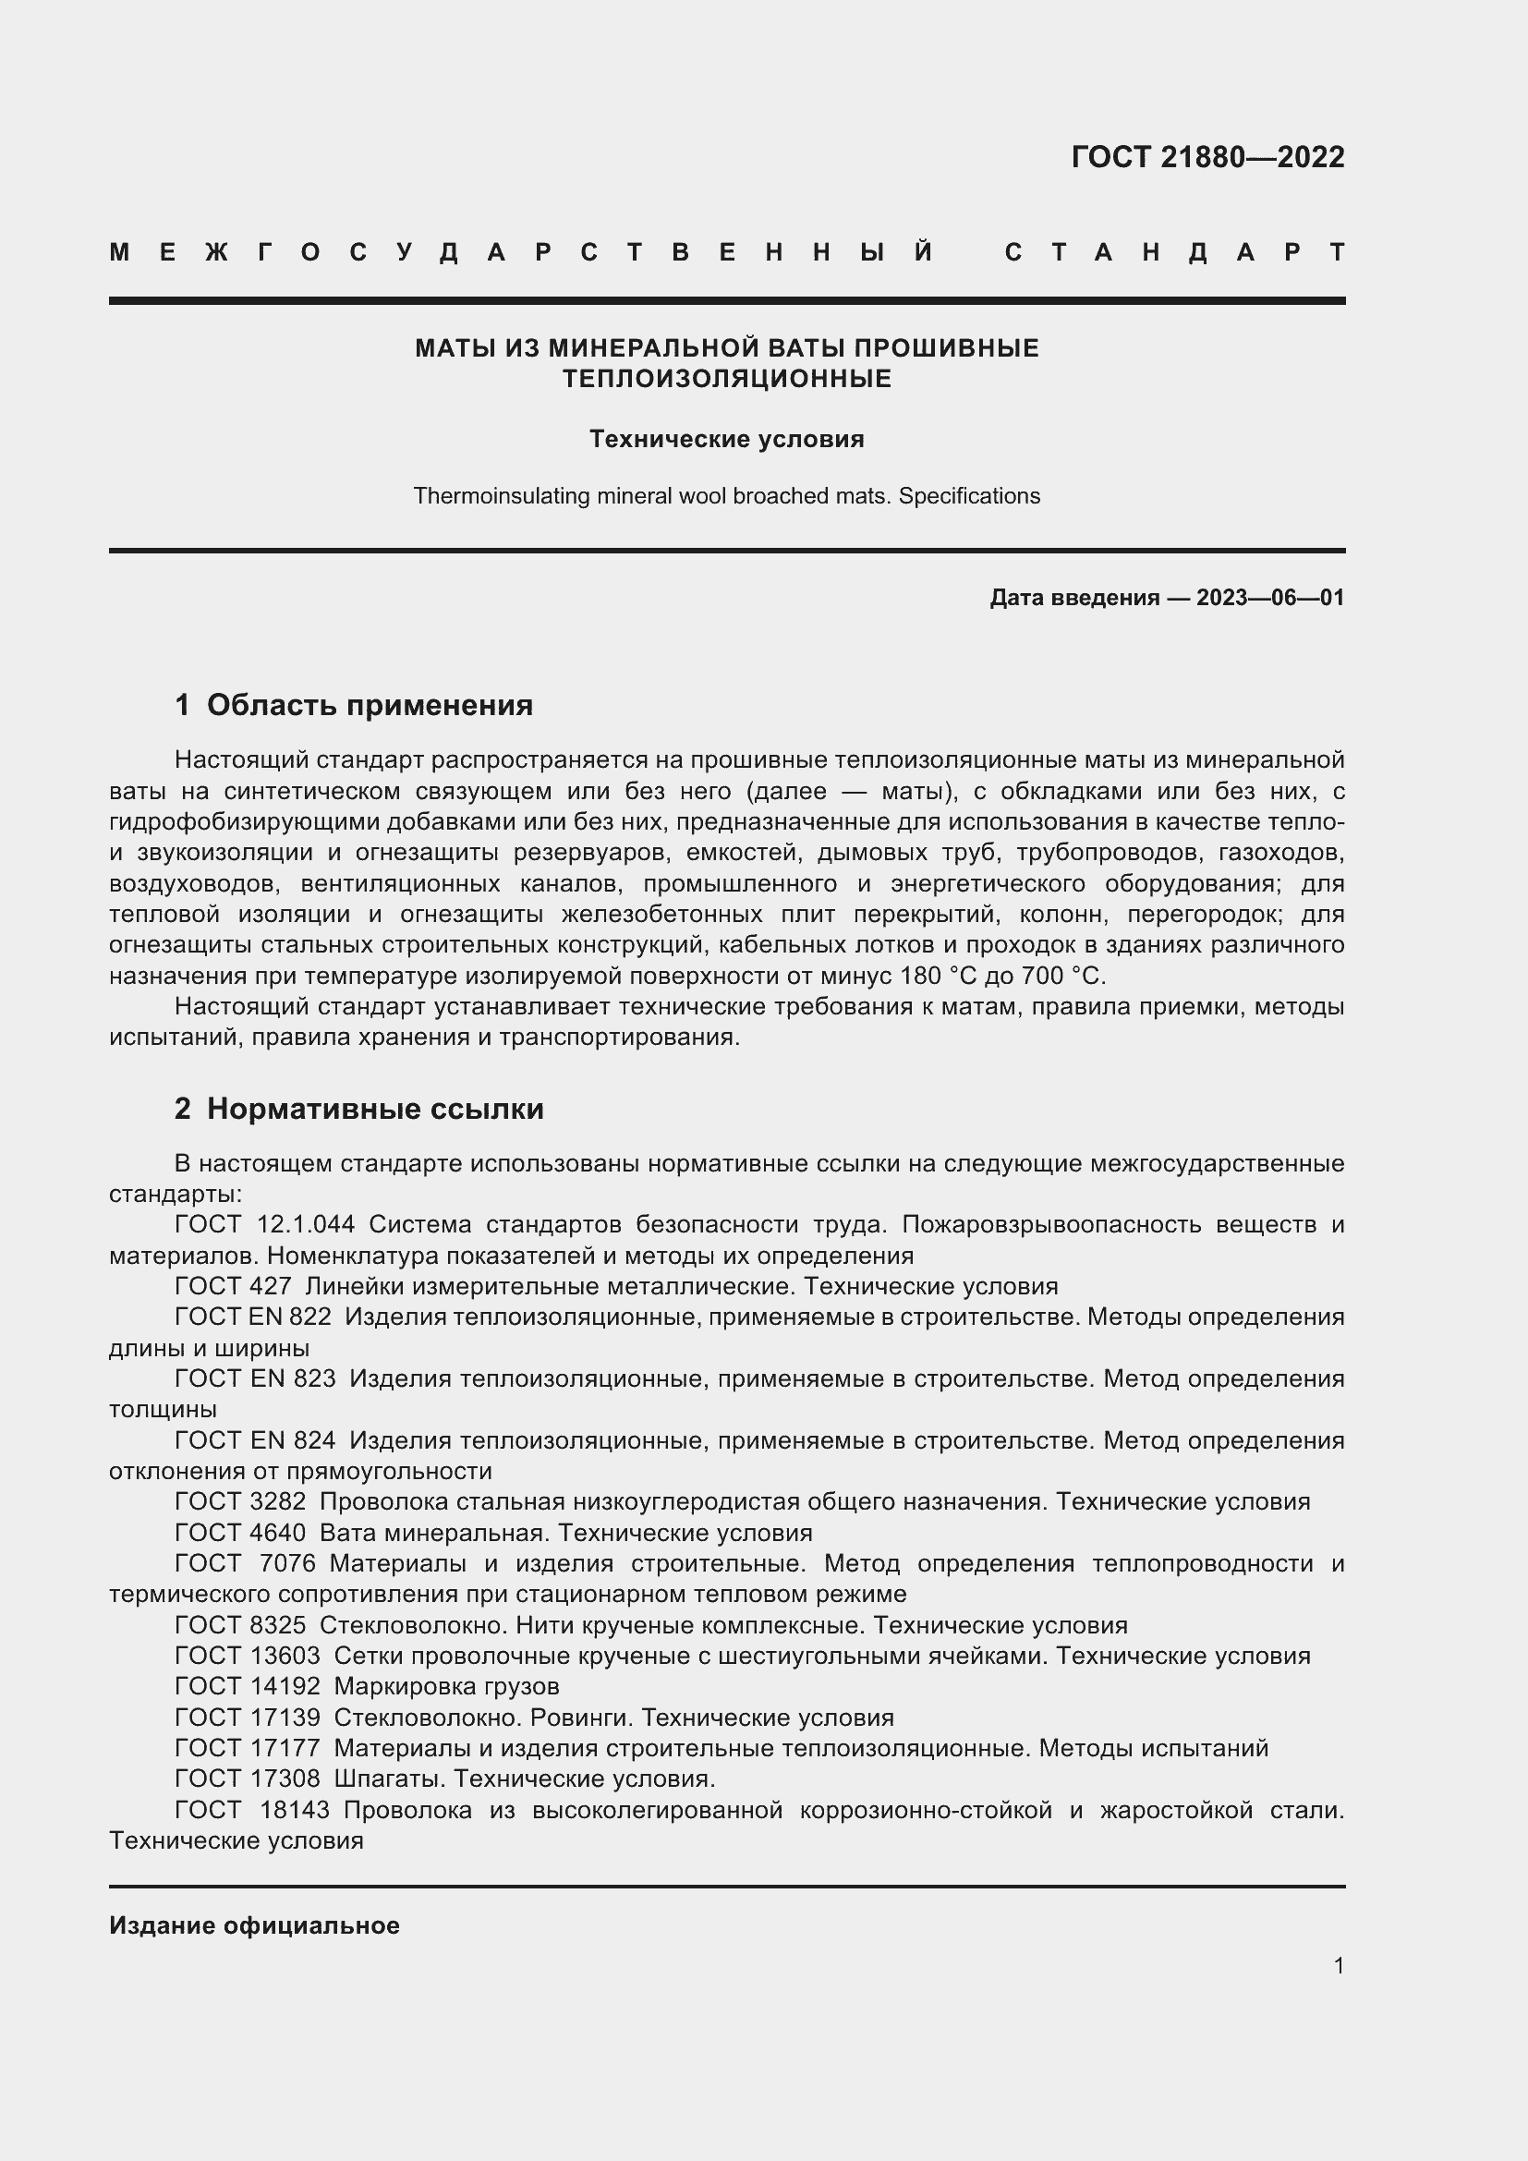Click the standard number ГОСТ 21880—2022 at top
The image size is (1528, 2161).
point(1207,157)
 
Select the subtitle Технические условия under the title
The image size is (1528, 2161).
point(726,440)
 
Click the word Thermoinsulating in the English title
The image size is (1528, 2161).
point(503,496)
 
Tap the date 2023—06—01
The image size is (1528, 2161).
point(1269,598)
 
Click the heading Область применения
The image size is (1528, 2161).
point(369,705)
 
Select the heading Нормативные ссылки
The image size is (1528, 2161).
point(374,1109)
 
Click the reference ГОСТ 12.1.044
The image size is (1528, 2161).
point(264,1224)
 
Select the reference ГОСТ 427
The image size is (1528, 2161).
point(233,1287)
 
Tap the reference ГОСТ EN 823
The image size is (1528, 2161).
point(255,1378)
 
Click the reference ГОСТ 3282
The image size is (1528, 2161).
point(240,1501)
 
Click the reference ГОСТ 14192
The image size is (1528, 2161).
point(247,1686)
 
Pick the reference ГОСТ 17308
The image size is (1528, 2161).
point(247,1778)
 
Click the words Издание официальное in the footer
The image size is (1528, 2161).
point(254,1925)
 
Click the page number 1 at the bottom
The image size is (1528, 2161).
point(1338,1965)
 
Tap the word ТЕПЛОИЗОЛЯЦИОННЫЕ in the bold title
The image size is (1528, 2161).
point(726,379)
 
